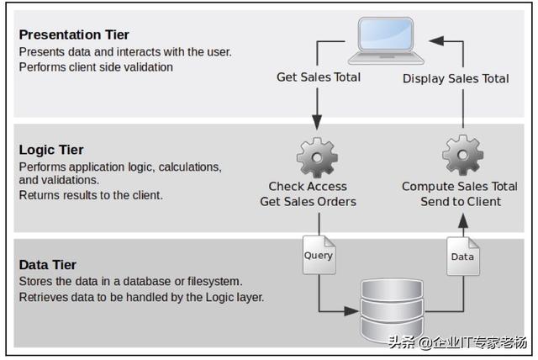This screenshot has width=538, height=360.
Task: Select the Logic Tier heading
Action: (x=51, y=150)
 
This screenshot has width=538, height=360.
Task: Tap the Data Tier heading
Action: (x=49, y=265)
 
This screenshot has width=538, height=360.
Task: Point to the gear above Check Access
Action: (x=318, y=157)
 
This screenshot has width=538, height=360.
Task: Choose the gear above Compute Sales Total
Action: (x=462, y=157)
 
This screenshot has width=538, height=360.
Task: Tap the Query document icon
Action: (x=318, y=254)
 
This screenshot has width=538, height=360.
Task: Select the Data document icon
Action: (x=462, y=255)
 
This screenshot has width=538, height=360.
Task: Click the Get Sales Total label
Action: (x=319, y=77)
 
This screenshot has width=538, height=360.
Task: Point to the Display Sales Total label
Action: (x=456, y=78)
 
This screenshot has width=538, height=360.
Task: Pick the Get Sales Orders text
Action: (x=308, y=201)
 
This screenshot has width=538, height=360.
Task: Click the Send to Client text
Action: (x=461, y=201)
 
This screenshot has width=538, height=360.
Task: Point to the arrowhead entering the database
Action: (x=352, y=310)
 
